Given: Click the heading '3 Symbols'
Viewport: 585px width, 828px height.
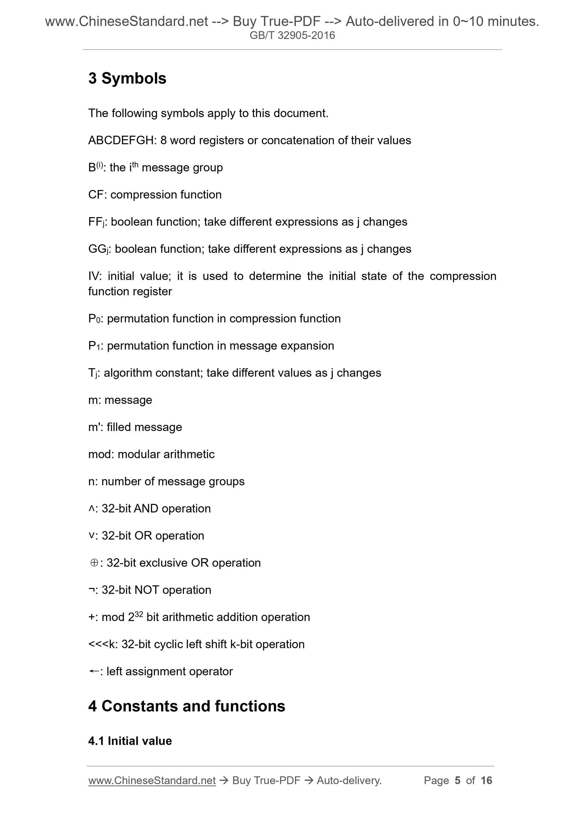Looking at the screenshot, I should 127,78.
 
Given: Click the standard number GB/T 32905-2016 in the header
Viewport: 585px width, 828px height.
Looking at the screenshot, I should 292,35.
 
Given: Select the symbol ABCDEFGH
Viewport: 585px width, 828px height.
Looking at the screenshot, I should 121,140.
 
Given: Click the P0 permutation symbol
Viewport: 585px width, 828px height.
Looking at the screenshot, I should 93,319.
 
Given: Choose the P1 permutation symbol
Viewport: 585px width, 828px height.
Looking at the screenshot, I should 93,346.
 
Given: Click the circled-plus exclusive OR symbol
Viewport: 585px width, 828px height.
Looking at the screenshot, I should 94,563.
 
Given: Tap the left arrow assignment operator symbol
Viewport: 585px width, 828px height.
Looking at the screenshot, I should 94,671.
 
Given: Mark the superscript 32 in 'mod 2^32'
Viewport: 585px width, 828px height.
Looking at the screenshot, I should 139,614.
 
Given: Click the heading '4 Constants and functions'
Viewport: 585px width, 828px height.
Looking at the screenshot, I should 186,706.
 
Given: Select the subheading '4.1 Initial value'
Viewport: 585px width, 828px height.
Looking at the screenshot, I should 130,741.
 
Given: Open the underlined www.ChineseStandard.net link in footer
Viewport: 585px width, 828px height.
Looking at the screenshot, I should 152,780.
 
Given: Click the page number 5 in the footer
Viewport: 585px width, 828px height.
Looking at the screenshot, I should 458,780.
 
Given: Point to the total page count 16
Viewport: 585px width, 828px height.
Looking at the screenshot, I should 486,780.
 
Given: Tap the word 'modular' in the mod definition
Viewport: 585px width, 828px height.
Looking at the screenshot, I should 139,454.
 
